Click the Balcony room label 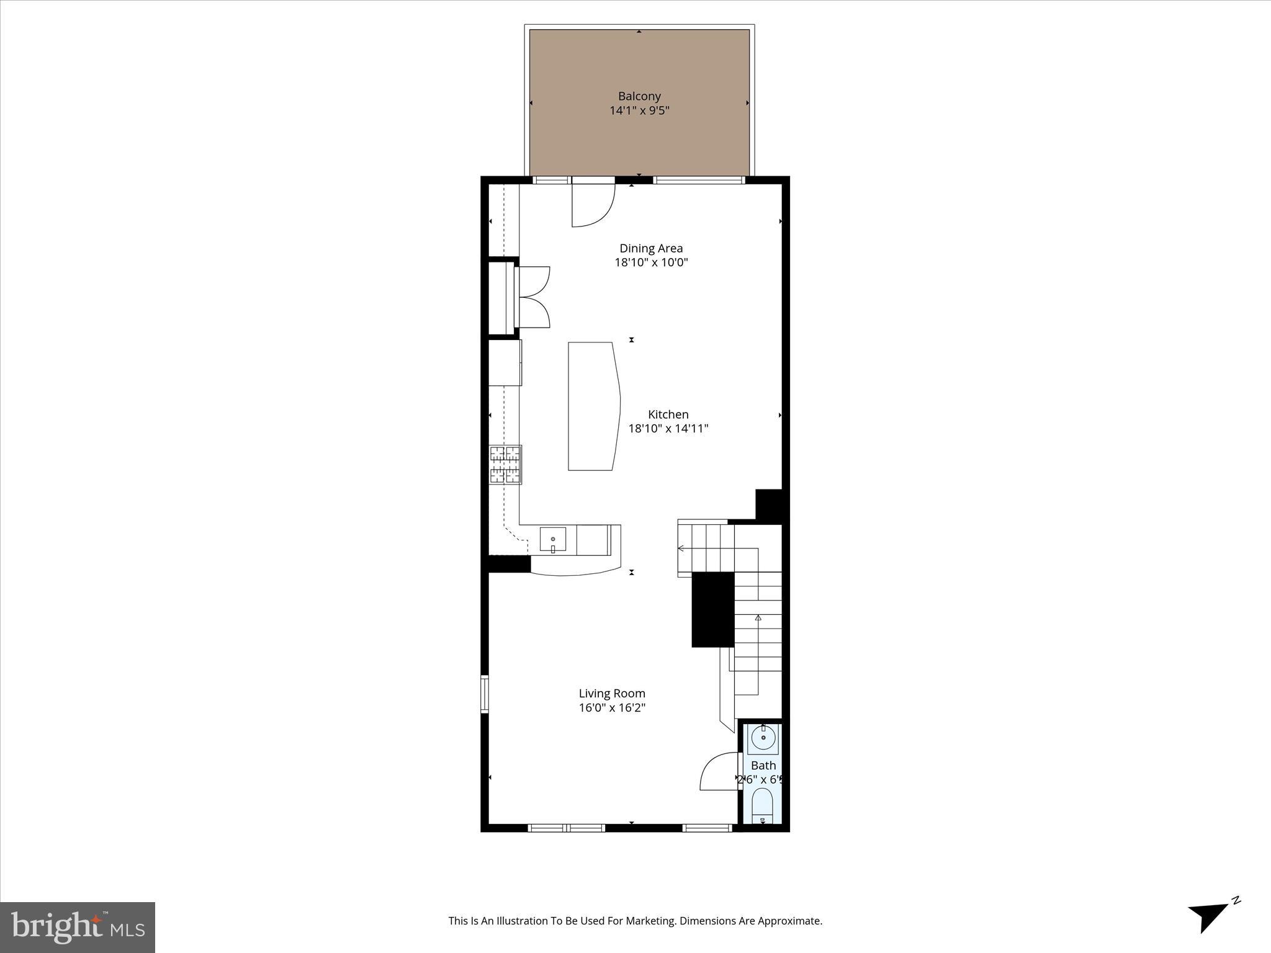click(639, 96)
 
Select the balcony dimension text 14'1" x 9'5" click(639, 111)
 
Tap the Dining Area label click(651, 248)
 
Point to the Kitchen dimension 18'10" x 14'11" click(668, 429)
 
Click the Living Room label click(612, 694)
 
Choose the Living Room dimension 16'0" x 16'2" click(612, 708)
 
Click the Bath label click(763, 766)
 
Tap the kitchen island click(593, 406)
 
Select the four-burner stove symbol click(506, 465)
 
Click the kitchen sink click(552, 540)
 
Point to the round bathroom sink click(763, 738)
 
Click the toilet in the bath click(762, 805)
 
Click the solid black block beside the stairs click(713, 610)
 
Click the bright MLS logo click(78, 928)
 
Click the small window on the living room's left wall click(485, 695)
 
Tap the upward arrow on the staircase click(758, 618)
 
